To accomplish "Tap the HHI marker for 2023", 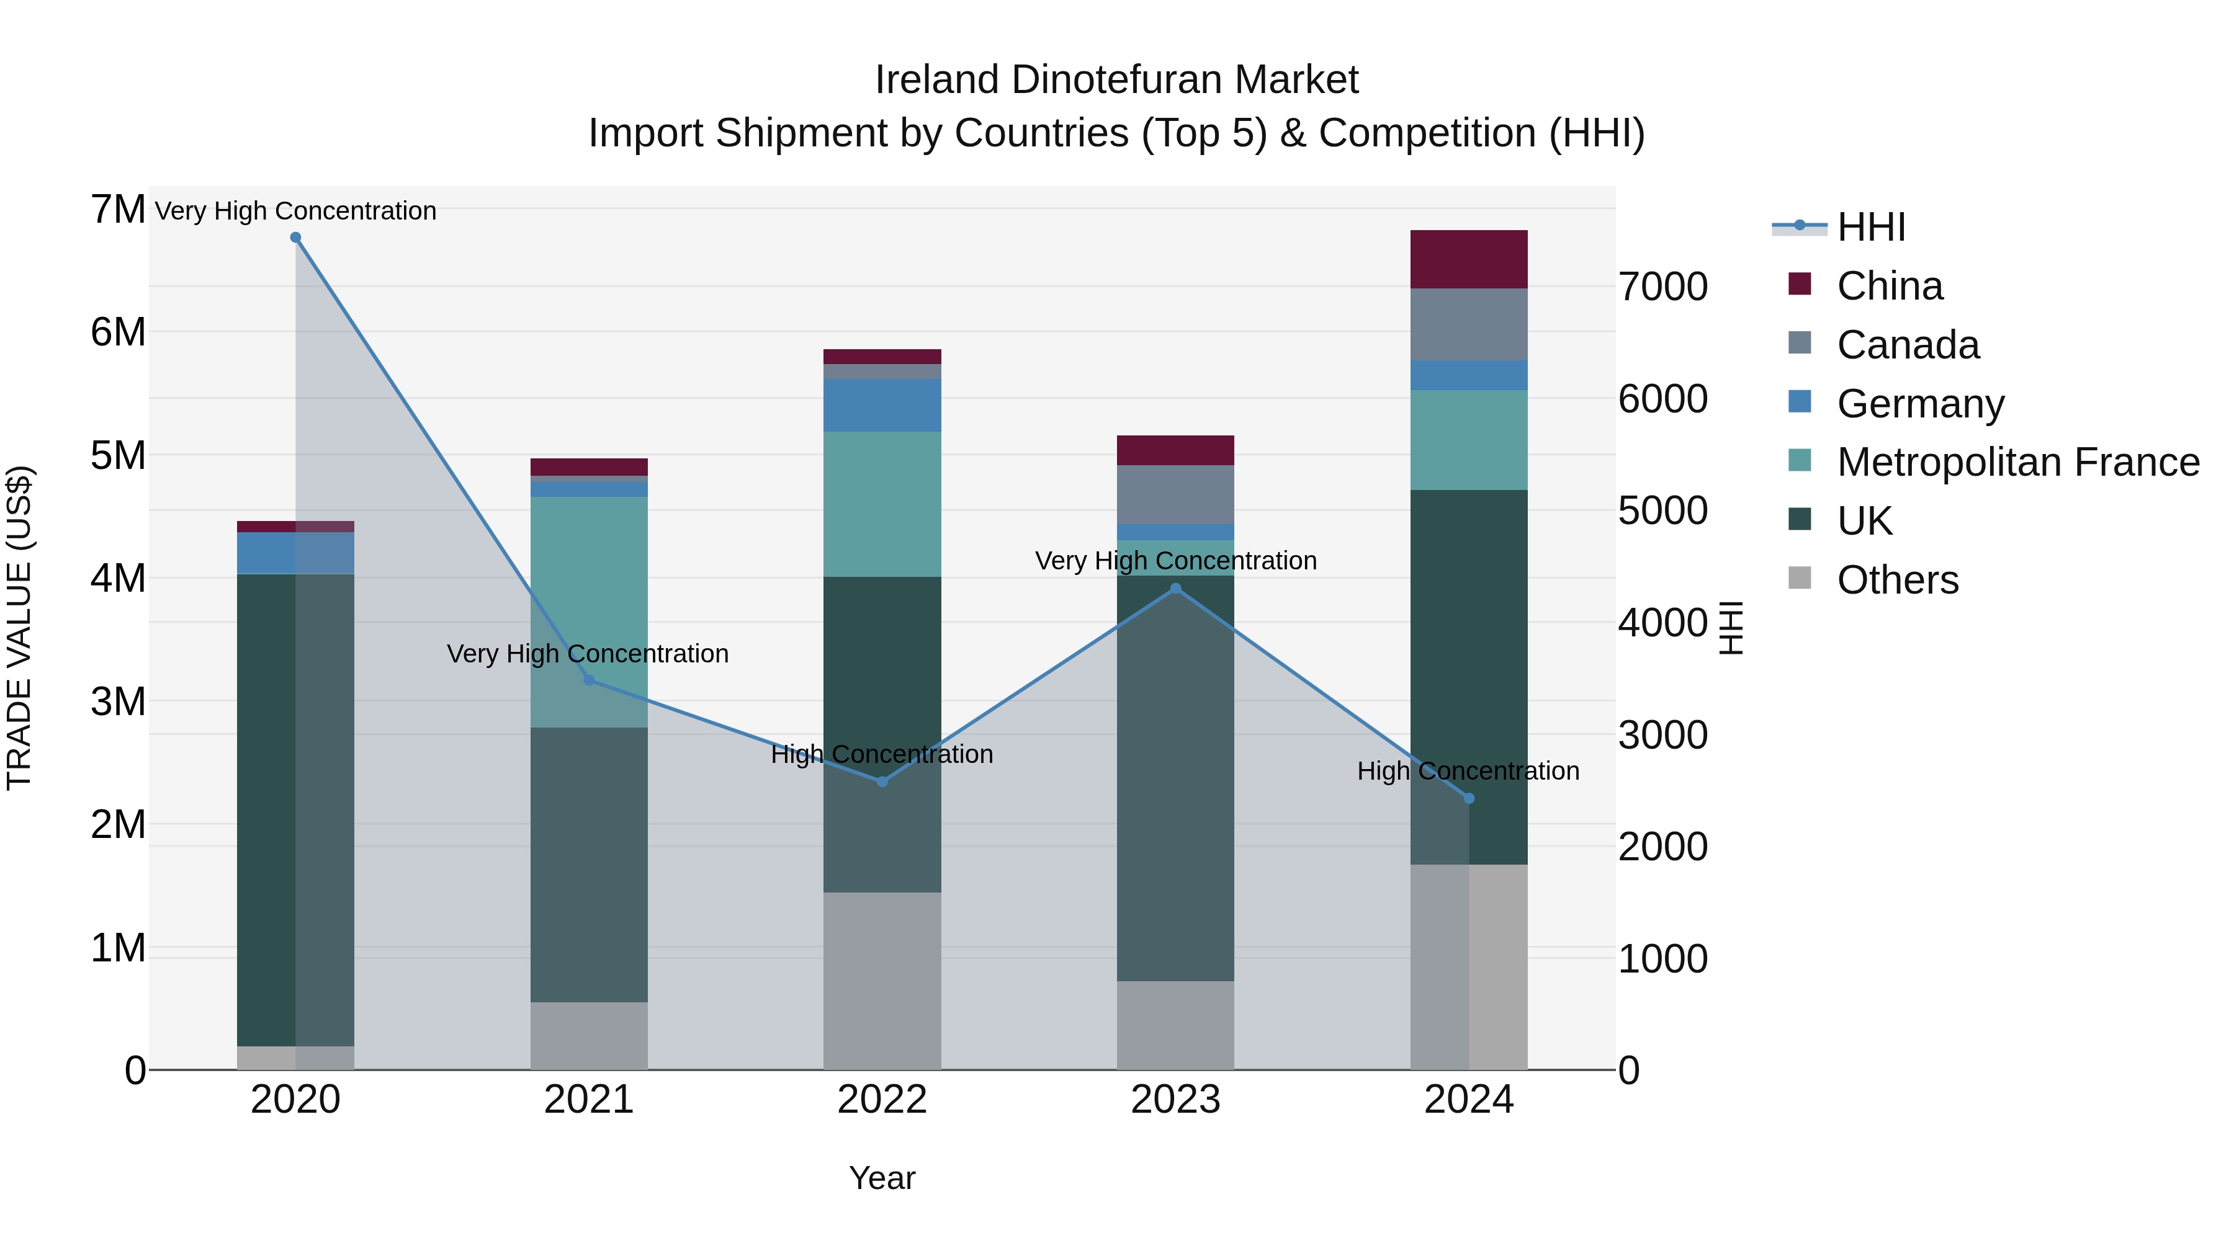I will (x=1175, y=589).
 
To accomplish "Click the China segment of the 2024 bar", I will (x=1468, y=259).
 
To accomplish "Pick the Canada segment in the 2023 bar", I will (x=1175, y=494).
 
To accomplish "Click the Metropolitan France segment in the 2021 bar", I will (x=589, y=611).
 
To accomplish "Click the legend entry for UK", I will (x=1865, y=521).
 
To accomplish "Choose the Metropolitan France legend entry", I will (x=2018, y=462).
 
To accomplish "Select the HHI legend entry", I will (x=1870, y=227).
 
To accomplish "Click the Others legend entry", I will (x=1898, y=580).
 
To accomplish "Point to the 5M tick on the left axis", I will (x=118, y=455).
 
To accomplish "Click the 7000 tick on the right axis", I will (x=1662, y=287).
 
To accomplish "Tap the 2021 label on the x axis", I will (x=589, y=1100).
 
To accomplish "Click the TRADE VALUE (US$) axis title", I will (x=19, y=628).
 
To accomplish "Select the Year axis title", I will (x=882, y=1178).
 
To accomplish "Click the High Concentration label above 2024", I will (x=1468, y=770).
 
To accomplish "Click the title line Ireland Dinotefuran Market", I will (x=1116, y=80).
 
